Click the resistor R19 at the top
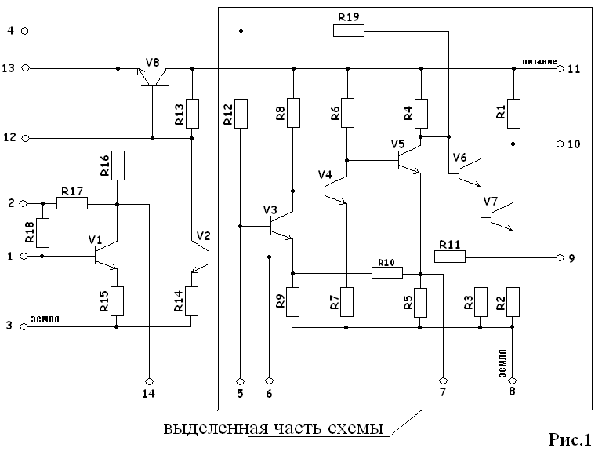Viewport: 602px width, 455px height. tap(348, 31)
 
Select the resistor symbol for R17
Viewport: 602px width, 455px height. tap(72, 203)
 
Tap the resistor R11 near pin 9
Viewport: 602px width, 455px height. tap(450, 257)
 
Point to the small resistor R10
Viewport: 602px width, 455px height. tap(387, 273)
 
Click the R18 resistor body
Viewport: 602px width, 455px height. tap(42, 232)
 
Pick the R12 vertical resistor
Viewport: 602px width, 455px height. tap(241, 113)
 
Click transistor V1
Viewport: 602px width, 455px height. tap(103, 256)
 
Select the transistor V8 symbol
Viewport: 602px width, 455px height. tap(154, 75)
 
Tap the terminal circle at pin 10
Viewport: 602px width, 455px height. tap(560, 144)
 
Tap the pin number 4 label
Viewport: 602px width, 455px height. tap(10, 31)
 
